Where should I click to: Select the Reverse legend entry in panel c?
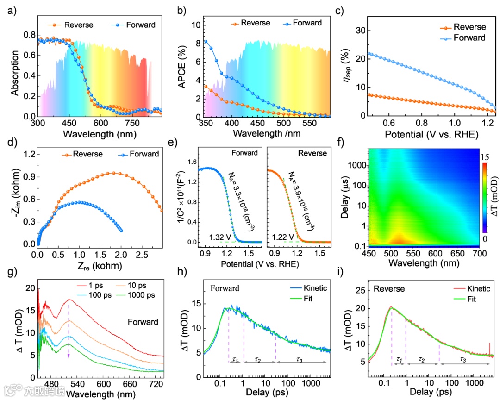tap(469, 27)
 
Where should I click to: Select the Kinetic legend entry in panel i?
tap(471, 288)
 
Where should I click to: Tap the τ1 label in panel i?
tap(398, 359)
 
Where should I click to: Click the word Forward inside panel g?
tap(143, 322)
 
